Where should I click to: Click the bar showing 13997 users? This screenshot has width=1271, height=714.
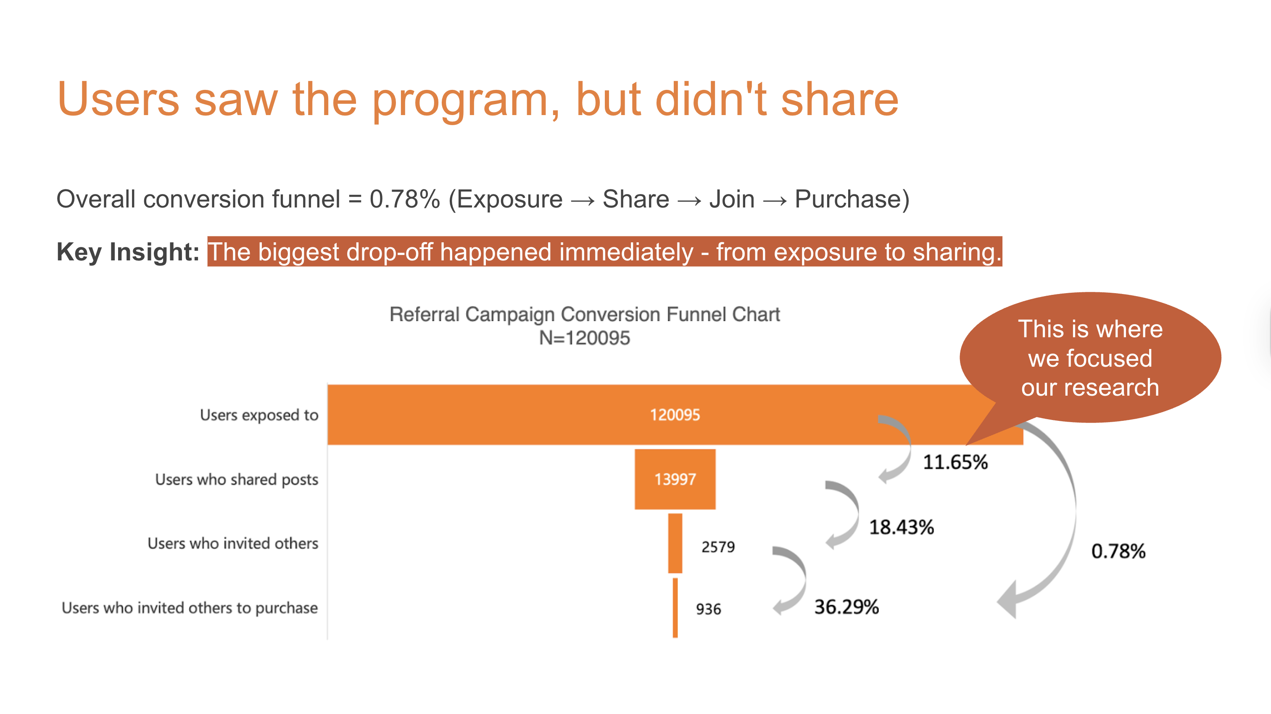tap(675, 479)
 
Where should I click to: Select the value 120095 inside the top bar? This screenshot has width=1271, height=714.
tap(675, 415)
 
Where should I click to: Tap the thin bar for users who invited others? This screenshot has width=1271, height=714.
tap(675, 543)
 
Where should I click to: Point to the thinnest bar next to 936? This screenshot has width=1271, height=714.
tap(675, 607)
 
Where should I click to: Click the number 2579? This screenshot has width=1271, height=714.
tap(718, 547)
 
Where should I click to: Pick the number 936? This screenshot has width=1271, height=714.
tap(708, 609)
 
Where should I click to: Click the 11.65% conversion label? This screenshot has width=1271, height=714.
tap(955, 462)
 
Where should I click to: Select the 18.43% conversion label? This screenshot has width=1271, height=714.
tap(901, 527)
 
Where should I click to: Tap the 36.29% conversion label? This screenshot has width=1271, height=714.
tap(846, 607)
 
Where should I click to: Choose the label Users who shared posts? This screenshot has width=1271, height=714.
tap(236, 479)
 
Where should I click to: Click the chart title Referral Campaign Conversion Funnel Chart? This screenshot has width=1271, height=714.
tap(584, 314)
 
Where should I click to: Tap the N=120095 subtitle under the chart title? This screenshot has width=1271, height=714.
tap(584, 338)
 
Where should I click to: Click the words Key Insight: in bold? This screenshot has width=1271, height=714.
tap(128, 252)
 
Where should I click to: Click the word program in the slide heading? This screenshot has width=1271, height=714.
tap(459, 100)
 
